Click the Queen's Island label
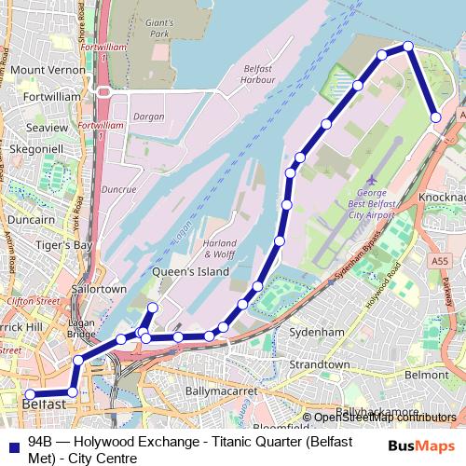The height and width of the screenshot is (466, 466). pos(184,272)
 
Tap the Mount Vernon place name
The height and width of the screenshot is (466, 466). pos(41,70)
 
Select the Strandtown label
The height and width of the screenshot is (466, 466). pos(320,364)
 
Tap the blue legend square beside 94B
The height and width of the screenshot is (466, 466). pos(12,441)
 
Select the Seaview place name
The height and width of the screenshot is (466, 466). pos(48,127)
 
